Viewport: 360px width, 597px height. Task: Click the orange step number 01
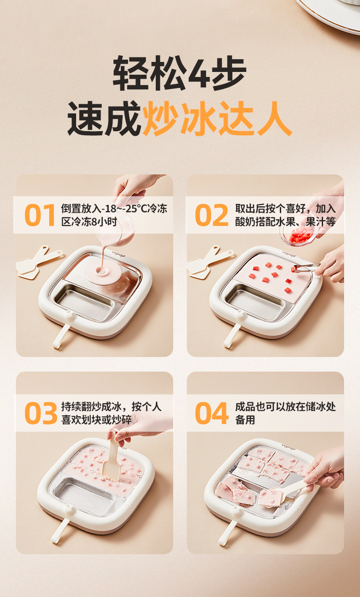click(40, 215)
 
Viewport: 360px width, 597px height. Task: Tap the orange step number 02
click(212, 215)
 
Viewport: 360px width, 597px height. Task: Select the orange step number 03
click(41, 413)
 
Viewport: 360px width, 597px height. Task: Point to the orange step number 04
click(212, 413)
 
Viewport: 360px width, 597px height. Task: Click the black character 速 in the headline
click(85, 118)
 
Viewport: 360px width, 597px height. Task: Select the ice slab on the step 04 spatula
click(271, 497)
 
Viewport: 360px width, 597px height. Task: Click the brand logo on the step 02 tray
click(289, 255)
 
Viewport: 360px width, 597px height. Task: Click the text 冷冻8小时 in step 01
click(89, 221)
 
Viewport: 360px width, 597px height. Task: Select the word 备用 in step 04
click(245, 419)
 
